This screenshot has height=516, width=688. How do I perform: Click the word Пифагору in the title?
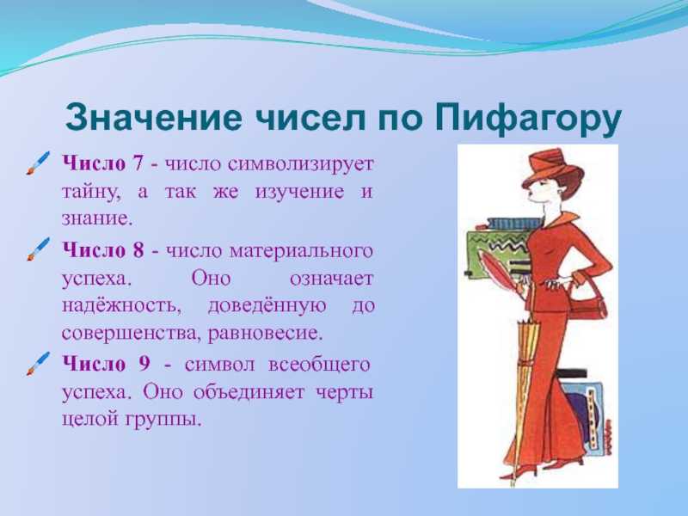[x=528, y=118]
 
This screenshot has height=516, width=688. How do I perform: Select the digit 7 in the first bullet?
[x=138, y=163]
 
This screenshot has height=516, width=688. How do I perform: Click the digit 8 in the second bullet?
[x=138, y=250]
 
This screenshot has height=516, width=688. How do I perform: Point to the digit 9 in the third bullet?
[x=144, y=364]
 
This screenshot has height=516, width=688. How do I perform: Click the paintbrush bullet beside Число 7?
[x=38, y=163]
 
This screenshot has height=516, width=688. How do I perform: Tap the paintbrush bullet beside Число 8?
[x=38, y=249]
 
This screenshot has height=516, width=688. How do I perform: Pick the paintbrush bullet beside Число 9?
[x=38, y=364]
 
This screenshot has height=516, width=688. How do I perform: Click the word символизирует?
[x=300, y=164]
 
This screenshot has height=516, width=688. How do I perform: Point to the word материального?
[x=301, y=251]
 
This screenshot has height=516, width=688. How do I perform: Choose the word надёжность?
[x=121, y=305]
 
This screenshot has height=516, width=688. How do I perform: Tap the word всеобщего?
[x=319, y=365]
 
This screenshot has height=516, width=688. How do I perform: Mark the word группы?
[x=163, y=421]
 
